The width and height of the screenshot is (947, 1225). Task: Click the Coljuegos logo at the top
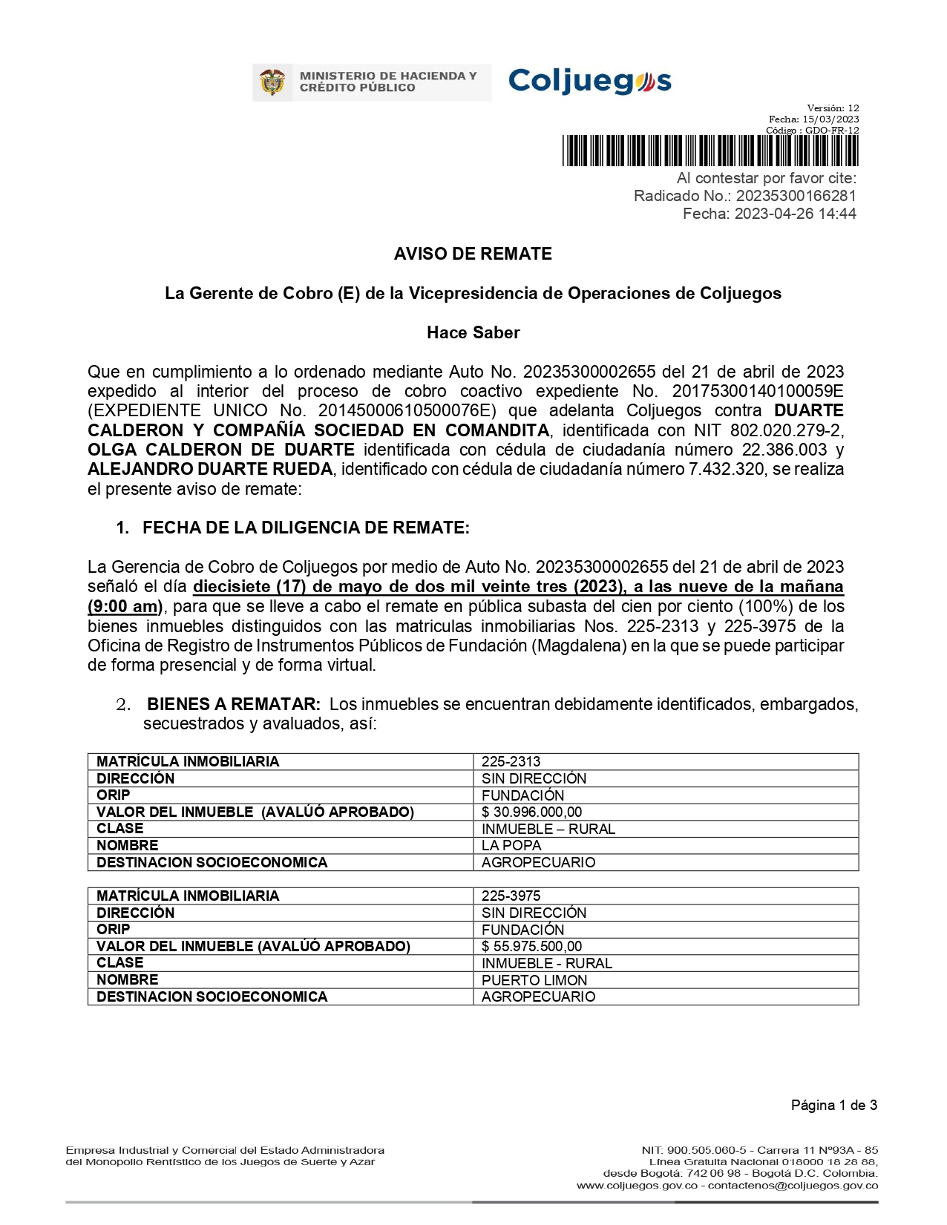(x=589, y=81)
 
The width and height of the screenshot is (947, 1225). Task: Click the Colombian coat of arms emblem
(x=272, y=82)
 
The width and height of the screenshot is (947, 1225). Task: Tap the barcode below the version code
(x=710, y=151)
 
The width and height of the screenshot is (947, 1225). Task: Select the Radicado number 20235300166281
(x=796, y=196)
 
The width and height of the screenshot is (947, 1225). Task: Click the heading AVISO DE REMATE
(x=473, y=254)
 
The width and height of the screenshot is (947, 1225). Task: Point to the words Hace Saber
(x=473, y=332)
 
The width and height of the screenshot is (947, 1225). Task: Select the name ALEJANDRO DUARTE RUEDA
(x=210, y=469)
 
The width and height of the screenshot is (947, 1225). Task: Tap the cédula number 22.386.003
(x=784, y=450)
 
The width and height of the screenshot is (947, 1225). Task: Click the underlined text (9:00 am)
(x=125, y=606)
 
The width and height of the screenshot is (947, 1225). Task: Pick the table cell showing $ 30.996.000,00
(x=531, y=812)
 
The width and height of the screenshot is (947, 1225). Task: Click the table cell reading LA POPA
(x=511, y=845)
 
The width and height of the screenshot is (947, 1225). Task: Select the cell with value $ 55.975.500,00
(x=531, y=946)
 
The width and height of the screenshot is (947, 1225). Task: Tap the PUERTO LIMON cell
(x=534, y=980)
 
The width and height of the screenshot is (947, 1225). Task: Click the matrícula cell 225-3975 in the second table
(x=511, y=896)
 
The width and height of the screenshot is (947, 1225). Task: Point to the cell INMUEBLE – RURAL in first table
(x=548, y=829)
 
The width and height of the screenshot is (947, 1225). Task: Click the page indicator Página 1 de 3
(x=834, y=1106)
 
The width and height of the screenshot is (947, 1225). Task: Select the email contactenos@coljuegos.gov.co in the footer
(x=793, y=1186)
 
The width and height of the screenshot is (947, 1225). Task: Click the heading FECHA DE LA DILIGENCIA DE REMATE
(x=306, y=528)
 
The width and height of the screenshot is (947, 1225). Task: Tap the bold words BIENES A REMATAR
(x=234, y=703)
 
